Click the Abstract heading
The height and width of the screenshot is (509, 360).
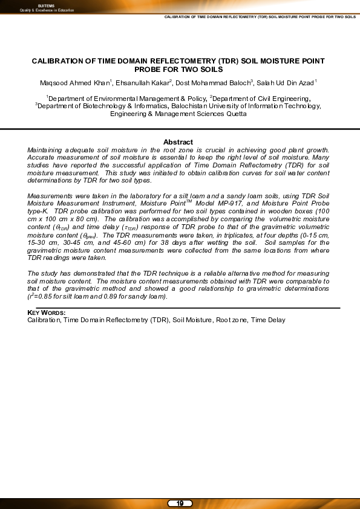(x=178, y=142)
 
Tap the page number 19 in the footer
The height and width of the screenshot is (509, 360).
(x=180, y=503)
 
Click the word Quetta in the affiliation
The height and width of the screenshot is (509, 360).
(x=235, y=114)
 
